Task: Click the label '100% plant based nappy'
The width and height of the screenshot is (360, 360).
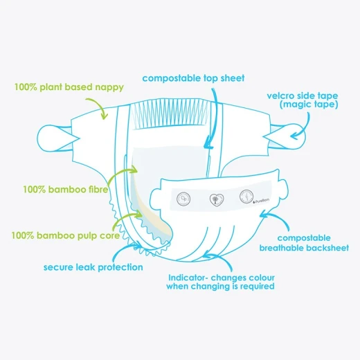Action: tap(69, 87)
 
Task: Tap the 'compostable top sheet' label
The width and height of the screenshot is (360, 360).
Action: tap(193, 78)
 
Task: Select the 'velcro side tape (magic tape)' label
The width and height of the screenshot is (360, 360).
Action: tap(303, 100)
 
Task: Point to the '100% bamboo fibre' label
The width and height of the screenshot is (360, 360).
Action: tap(66, 190)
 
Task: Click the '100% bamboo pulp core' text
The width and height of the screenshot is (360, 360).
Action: tap(66, 235)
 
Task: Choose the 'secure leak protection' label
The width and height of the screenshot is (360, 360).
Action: tap(93, 267)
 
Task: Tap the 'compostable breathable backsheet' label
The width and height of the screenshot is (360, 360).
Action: tap(304, 243)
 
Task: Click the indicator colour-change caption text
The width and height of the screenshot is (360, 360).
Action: tap(220, 282)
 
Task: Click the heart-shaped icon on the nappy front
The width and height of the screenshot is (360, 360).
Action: tap(217, 200)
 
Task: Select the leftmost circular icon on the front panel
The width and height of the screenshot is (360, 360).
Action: tap(183, 199)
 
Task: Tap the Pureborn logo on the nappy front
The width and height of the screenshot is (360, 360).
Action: tap(261, 201)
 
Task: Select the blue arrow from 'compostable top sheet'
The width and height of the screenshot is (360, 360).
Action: tap(213, 118)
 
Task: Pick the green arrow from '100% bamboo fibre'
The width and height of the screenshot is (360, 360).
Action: tap(120, 174)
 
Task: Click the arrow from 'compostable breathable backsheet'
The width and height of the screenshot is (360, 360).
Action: tap(277, 217)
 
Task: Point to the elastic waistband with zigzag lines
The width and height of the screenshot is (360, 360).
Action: tap(170, 113)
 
